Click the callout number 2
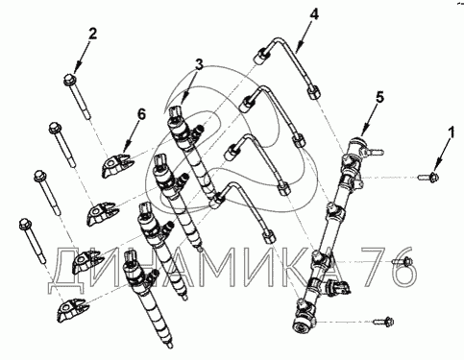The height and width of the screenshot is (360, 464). (92, 34)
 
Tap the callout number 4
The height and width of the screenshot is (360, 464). (314, 14)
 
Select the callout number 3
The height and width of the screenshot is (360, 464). (199, 64)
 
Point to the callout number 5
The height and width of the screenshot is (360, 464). (379, 97)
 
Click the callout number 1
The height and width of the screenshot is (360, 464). (452, 132)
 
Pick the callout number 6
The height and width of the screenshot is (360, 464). (141, 114)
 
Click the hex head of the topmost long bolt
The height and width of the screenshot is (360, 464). (69, 79)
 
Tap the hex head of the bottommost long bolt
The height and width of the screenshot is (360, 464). (24, 224)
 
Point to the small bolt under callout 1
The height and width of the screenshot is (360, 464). (428, 177)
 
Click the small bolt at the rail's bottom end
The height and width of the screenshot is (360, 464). (383, 321)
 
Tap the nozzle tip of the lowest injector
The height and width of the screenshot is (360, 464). (170, 345)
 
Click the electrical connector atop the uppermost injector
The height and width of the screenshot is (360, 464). (176, 111)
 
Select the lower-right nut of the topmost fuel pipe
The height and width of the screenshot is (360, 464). (314, 92)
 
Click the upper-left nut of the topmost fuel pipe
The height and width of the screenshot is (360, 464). (261, 56)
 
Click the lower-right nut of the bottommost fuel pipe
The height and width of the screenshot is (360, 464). (268, 237)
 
